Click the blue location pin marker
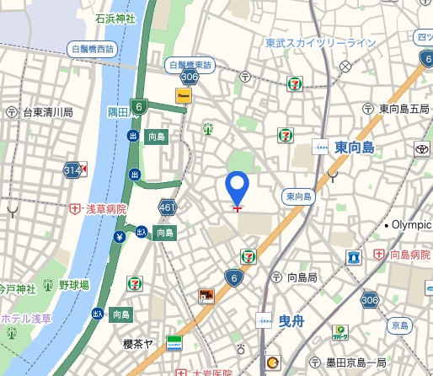point(238,186)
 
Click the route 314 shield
point(74,170)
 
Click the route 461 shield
point(167,207)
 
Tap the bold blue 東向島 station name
point(354,147)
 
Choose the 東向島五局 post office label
point(404,109)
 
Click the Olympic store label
point(411,225)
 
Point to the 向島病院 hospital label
point(403,253)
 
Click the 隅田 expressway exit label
point(117,111)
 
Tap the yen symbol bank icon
point(120,236)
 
